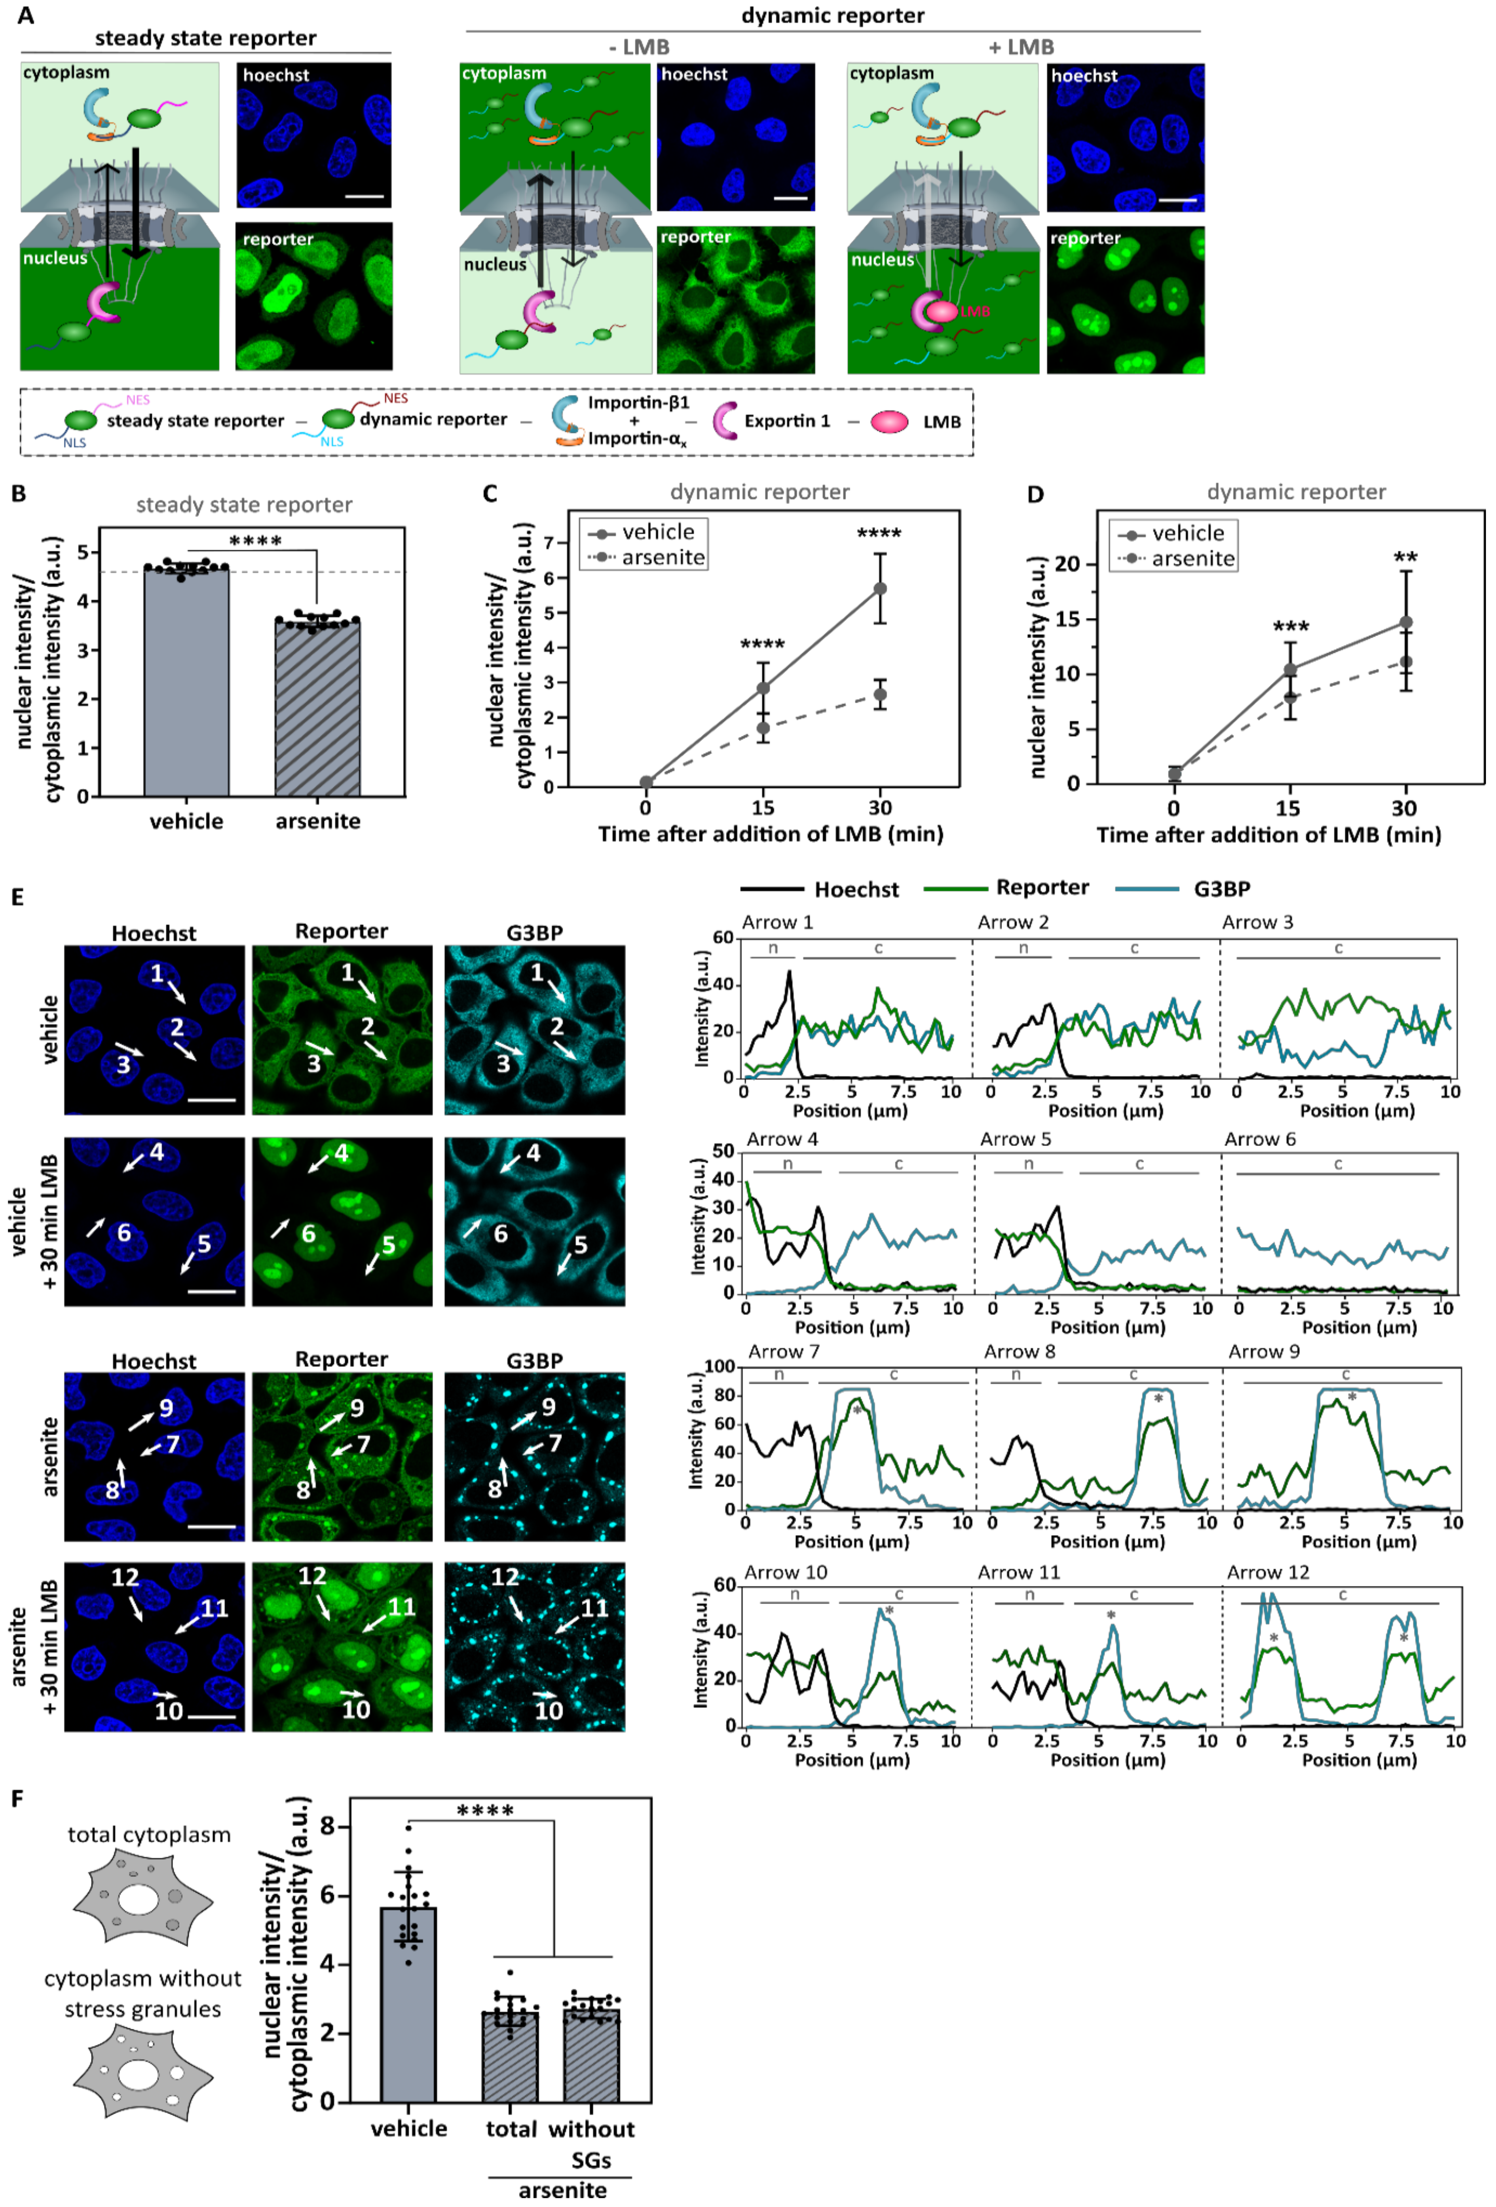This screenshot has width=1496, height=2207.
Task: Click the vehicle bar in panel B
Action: click(x=186, y=684)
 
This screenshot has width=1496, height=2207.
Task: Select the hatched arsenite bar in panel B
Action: click(x=317, y=708)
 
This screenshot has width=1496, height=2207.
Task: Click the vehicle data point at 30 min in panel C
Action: click(x=881, y=589)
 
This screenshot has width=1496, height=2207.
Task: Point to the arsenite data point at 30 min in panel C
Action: click(x=881, y=694)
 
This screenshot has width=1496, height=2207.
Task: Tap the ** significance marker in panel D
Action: click(x=1405, y=557)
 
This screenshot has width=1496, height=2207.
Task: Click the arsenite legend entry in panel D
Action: click(x=1178, y=559)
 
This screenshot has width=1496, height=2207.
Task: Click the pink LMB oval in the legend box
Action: click(x=889, y=422)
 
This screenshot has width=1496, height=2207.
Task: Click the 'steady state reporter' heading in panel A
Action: click(x=205, y=38)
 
